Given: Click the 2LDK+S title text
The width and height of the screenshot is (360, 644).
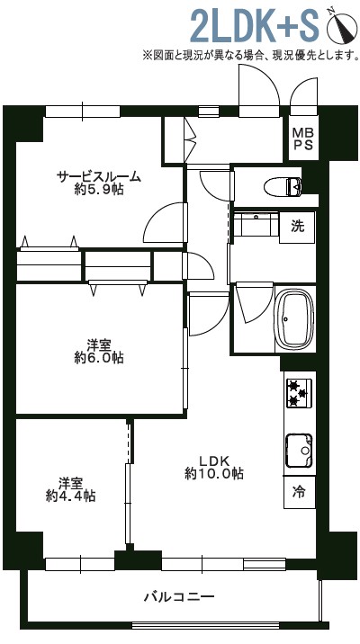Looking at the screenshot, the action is (255, 25).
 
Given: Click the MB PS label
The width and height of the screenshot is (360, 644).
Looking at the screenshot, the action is (303, 139).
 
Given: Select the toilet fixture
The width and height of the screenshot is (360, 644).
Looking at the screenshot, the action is (283, 187).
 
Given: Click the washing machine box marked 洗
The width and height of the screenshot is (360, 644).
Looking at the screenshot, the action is (297, 227).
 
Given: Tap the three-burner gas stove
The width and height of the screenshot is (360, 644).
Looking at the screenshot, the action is (299, 393).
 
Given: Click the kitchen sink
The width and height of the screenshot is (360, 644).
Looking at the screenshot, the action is (299, 450).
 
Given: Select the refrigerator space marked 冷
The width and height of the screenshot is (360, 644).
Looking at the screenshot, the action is (300, 492).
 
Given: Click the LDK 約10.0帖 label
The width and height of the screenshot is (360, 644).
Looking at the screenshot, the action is (214, 467).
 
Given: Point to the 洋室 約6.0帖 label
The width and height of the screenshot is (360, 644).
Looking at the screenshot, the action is (99, 351).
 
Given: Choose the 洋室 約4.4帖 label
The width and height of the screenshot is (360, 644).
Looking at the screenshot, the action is (71, 489).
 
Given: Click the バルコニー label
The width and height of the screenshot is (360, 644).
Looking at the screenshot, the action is (179, 596).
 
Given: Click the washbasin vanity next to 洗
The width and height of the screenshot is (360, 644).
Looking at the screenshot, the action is (256, 224).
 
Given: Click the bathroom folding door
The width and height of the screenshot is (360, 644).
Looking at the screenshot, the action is (254, 302).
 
